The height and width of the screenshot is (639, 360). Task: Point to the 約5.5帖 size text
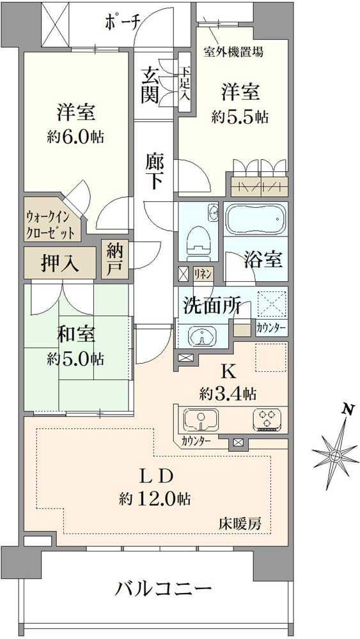(x=240, y=117)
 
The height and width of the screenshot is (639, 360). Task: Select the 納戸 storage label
(x=114, y=258)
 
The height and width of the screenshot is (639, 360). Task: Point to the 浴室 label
(x=263, y=259)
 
